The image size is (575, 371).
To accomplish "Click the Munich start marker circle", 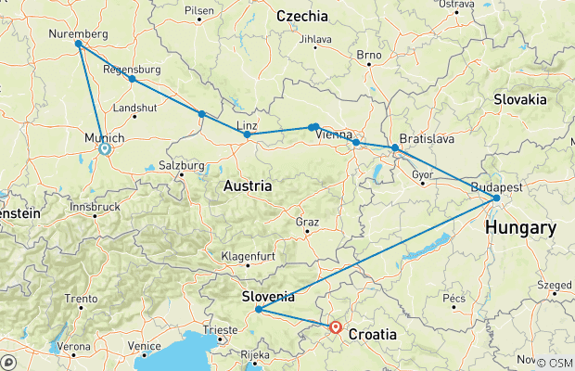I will click(x=105, y=148).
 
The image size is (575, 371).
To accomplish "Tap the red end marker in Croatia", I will click(x=336, y=326).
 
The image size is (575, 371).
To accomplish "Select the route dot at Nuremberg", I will click(x=78, y=44).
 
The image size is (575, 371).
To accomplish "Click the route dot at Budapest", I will click(x=497, y=198).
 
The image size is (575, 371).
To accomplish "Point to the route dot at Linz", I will click(x=247, y=134).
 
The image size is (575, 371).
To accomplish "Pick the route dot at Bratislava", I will click(x=395, y=147).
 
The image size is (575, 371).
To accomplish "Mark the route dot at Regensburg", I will click(x=133, y=79).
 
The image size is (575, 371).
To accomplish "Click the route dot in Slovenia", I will click(x=258, y=310).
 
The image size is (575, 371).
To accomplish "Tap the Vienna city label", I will click(x=334, y=134).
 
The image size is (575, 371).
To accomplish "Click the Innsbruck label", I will click(x=95, y=206).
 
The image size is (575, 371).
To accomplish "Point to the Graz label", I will click(x=306, y=223).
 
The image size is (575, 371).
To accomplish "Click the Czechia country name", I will click(x=302, y=16).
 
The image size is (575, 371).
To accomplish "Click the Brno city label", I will click(x=369, y=56).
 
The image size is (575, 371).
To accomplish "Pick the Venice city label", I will click(x=145, y=346).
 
